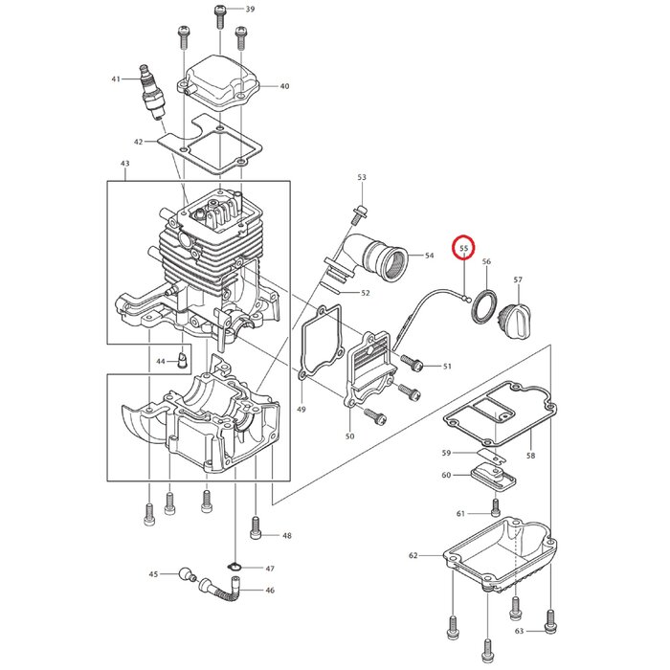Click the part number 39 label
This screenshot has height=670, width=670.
point(250,10)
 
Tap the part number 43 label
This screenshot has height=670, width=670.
point(124,166)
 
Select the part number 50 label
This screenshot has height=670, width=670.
point(349,436)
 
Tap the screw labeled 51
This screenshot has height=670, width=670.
point(416,364)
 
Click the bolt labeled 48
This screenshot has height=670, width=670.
point(256,526)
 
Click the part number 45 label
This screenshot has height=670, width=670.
point(153,574)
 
